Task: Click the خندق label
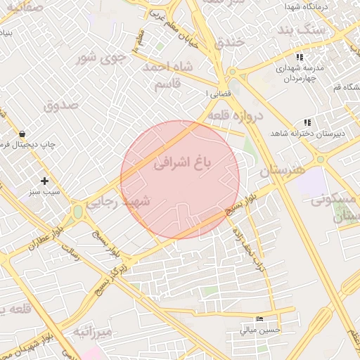[233, 43]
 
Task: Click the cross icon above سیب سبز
[44, 181]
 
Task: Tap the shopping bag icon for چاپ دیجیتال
[22, 134]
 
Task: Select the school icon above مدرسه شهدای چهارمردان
[300, 57]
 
